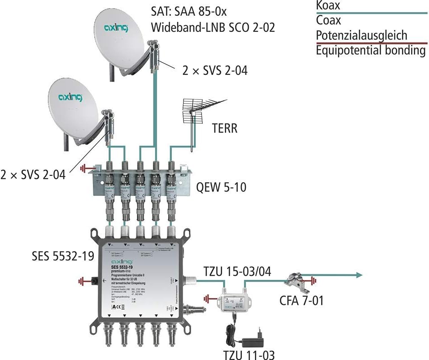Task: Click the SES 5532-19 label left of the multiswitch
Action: [x=63, y=256]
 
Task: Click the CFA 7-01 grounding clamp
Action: [x=294, y=280]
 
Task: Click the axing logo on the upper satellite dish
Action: [x=116, y=28]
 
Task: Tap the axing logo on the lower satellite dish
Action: [x=70, y=96]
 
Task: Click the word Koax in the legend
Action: [x=328, y=5]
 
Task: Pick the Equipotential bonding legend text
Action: [x=371, y=50]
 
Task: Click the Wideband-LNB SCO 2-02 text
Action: [x=213, y=27]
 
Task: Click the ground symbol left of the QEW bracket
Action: [x=84, y=169]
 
